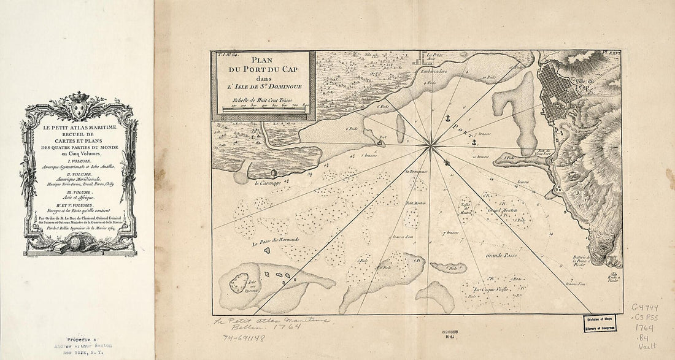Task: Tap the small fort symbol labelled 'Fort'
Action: click(381, 143)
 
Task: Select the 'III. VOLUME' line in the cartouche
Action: click(78, 192)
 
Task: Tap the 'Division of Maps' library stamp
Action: click(600, 323)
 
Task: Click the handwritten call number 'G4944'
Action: click(646, 308)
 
